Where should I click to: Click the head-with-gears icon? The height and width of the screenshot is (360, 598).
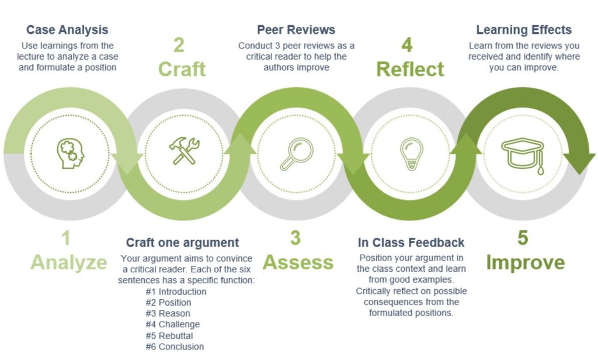coord(71,153)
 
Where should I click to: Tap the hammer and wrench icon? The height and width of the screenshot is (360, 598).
coord(184,151)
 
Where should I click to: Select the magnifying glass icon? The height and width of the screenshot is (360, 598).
coord(297,154)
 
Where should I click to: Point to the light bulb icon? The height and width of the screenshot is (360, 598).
coord(412,154)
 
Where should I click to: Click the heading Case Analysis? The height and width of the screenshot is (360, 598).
coord(67,30)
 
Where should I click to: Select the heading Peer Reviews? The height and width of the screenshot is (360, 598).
coord(296,30)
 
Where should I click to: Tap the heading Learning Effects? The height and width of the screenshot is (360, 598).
coord(524,30)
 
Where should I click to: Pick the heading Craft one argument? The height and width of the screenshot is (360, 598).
coord(182,243)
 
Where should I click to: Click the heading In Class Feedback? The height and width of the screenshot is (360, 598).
coord(411,243)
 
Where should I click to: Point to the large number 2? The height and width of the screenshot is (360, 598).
coord(179,44)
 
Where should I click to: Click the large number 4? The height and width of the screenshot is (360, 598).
coord(407,44)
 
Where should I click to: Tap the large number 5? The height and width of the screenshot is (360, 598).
coord(523,238)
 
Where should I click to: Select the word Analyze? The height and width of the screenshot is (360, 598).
coord(69,262)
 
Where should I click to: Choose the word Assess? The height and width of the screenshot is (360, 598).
coord(298,262)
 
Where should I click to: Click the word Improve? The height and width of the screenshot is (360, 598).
coord(526,262)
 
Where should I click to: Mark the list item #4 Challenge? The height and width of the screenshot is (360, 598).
coord(173,324)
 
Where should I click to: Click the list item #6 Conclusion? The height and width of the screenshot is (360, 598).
coord(175,347)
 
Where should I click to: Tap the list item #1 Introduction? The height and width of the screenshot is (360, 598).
coord(176,292)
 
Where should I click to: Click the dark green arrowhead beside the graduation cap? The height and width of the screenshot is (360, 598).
coord(579,162)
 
